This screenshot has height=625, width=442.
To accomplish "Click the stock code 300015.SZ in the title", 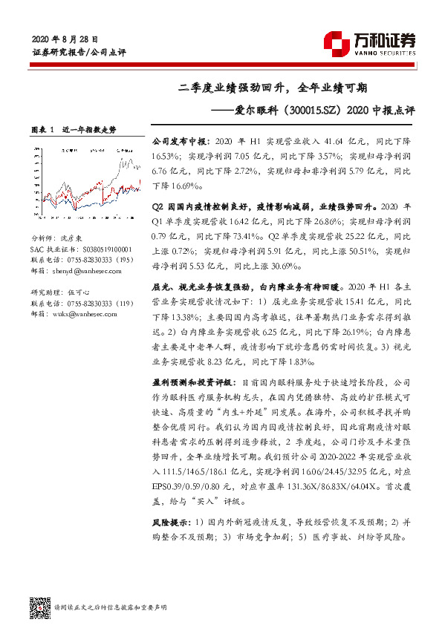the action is pyautogui.click(x=296, y=109).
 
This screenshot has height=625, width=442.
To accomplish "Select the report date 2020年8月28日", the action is pyautogui.click(x=66, y=38).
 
